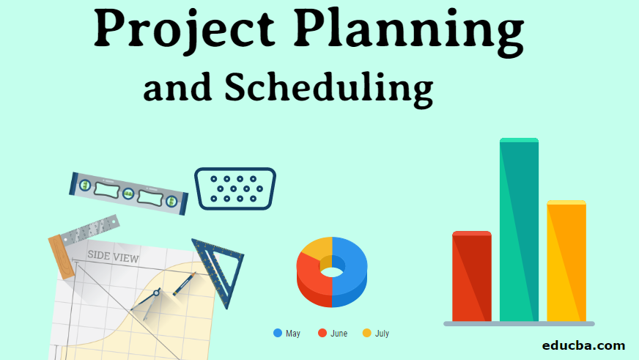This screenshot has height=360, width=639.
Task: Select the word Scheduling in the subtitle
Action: (328, 89)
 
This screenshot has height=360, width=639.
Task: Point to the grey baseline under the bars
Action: (519, 323)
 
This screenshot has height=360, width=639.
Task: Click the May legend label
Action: (292, 334)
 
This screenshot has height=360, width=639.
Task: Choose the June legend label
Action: (339, 334)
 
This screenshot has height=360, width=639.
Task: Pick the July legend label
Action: (382, 334)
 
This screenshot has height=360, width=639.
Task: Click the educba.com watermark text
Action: (583, 345)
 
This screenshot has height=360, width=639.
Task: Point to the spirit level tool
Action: (128, 193)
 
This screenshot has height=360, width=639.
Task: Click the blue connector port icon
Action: (234, 188)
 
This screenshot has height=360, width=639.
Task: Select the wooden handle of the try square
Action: (62, 257)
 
